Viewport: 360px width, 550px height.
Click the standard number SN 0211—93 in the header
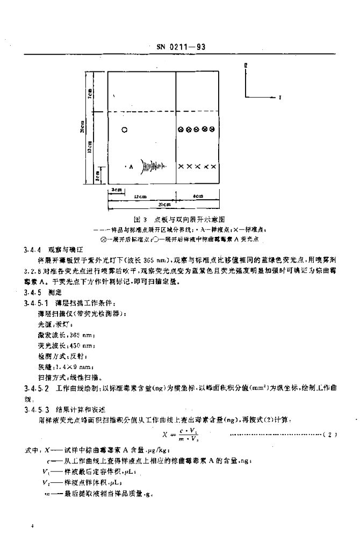181,48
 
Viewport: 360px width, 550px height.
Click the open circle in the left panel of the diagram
125,129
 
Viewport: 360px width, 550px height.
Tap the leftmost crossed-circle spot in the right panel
182,129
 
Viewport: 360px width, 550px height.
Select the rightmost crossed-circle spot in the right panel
213,129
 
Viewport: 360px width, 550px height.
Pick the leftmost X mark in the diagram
181,167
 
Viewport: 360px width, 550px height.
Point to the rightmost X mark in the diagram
214,167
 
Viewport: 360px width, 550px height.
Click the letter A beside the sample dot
131,167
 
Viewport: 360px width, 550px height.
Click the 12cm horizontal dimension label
141,197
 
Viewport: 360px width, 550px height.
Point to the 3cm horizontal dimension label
115,190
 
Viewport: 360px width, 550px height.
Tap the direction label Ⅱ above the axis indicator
246,65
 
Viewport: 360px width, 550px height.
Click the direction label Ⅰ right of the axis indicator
280,97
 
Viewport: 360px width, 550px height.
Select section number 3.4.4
32,250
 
